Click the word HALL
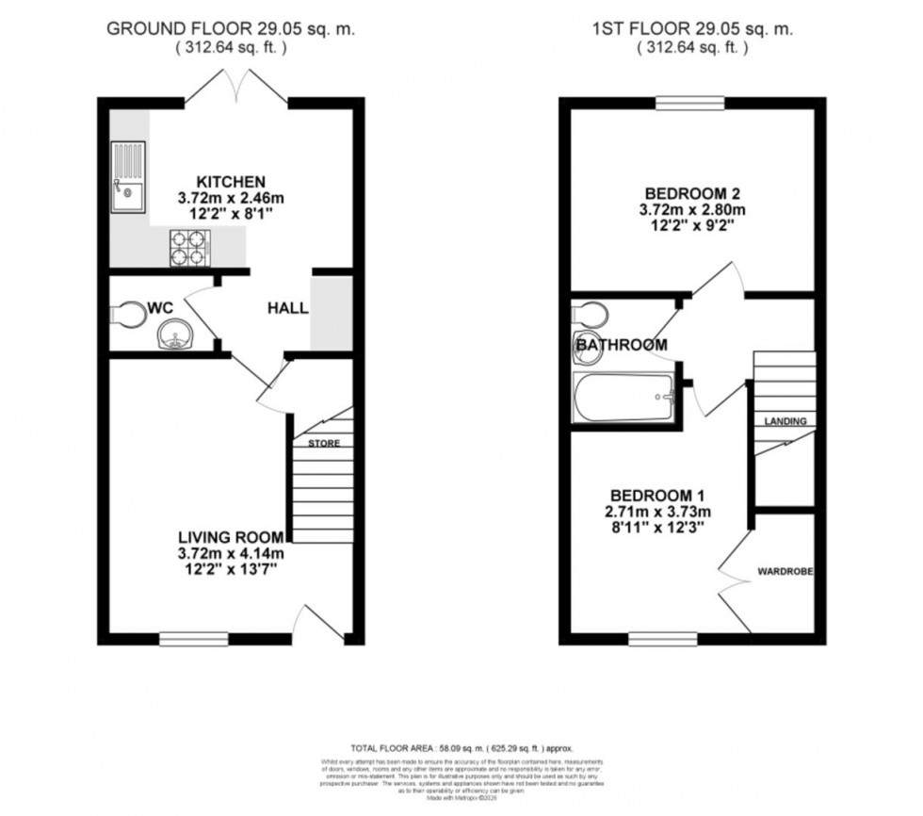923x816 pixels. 287,308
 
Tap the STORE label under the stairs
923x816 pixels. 323,442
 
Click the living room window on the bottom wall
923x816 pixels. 193,639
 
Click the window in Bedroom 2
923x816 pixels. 690,103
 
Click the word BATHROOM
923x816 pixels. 622,345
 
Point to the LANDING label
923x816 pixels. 785,421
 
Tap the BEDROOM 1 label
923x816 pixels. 656,496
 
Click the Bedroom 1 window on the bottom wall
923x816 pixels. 662,639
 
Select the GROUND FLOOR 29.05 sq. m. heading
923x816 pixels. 230,28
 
